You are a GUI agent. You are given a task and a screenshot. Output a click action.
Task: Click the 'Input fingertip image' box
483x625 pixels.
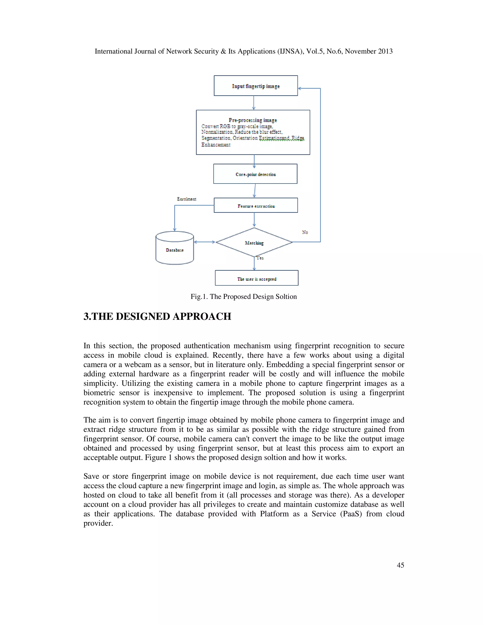(x=255, y=86)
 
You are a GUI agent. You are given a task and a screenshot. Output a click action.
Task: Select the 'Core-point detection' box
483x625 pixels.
(x=255, y=174)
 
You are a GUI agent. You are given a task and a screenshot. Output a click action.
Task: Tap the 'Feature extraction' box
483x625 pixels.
(x=256, y=205)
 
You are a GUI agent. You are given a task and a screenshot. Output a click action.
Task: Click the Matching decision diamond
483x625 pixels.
(x=254, y=242)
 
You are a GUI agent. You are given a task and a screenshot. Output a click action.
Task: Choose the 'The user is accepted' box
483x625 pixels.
(x=257, y=278)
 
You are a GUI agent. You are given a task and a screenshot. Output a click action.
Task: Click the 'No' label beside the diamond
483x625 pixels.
(x=305, y=232)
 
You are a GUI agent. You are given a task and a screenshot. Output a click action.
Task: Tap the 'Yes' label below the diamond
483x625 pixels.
(x=260, y=258)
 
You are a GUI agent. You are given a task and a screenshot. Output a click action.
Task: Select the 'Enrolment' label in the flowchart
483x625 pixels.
(x=187, y=199)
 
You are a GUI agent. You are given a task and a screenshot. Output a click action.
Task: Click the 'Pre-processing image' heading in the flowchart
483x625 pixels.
(x=253, y=120)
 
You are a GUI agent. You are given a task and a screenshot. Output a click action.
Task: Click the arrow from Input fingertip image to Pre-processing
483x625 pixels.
(x=254, y=103)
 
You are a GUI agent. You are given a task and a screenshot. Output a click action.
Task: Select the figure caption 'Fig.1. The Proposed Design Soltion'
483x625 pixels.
(x=243, y=296)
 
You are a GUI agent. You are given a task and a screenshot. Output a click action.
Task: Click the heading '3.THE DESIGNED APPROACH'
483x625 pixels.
(x=157, y=316)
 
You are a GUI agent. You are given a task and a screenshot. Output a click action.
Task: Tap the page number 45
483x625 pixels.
(x=400, y=565)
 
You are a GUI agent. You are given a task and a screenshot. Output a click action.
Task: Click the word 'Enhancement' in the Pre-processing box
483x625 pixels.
(x=216, y=145)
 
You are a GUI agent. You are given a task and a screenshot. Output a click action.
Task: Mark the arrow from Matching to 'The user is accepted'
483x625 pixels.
(x=254, y=263)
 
